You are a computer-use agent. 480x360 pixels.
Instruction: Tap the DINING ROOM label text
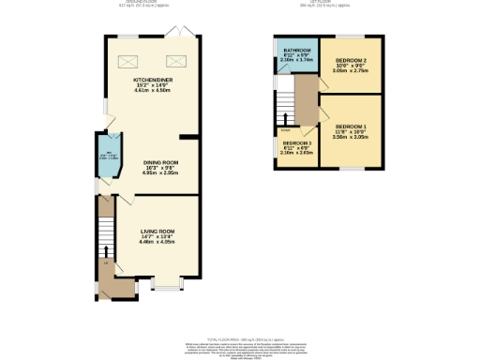[160, 161]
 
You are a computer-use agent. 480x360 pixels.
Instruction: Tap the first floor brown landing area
[302, 103]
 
